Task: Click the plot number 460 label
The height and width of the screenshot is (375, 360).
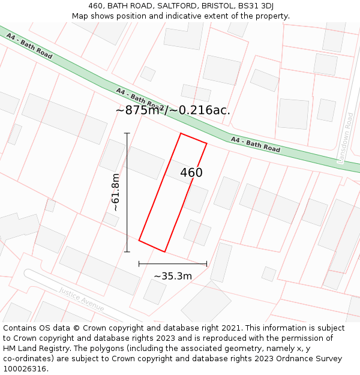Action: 191,173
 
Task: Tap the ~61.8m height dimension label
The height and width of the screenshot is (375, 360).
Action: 116,192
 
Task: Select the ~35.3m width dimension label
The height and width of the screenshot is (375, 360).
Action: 173,276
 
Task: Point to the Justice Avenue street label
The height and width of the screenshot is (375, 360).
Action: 82,299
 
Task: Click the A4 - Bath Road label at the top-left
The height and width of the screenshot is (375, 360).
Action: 29,46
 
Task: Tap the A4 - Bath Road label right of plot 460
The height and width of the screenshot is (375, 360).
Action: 255,145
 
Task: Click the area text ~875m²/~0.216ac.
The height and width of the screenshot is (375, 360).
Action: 173,110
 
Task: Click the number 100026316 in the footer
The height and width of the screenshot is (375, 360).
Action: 26,368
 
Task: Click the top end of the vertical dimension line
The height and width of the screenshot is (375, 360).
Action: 127,133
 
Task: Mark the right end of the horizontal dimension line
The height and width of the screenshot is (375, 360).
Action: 206,263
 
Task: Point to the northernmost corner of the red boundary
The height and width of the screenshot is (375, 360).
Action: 181,133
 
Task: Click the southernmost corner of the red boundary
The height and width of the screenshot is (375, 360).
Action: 165,251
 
